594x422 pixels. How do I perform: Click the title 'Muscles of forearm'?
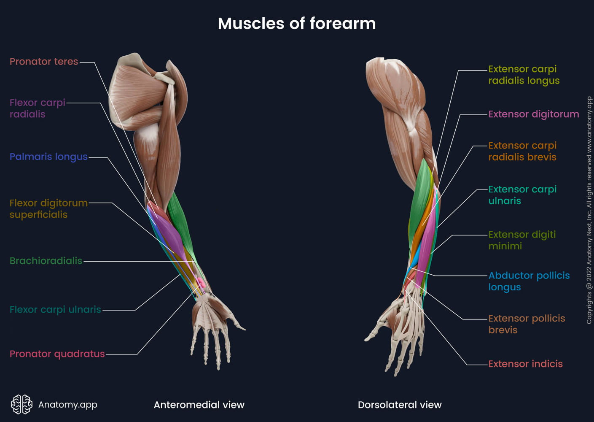coord(296,24)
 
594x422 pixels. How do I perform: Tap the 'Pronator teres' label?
coord(44,62)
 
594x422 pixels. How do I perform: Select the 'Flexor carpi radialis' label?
coord(37,108)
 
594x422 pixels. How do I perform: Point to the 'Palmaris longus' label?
coord(48,157)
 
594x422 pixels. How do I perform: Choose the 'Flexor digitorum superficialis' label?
coord(48,209)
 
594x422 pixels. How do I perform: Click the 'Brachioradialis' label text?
coord(46,261)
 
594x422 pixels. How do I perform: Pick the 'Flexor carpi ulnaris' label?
coord(55,310)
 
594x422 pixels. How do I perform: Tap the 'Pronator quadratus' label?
coord(57,354)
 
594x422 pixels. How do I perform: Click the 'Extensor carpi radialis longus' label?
coord(524,75)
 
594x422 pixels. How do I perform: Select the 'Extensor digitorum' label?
coord(533,114)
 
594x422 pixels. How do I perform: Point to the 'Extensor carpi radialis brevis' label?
coord(522,151)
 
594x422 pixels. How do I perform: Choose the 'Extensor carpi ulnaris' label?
coord(522,195)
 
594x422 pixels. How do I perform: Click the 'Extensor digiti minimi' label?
coord(522,240)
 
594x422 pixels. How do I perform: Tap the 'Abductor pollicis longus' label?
coord(529,281)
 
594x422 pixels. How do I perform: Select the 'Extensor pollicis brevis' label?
coord(527,324)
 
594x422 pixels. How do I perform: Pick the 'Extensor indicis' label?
coord(525,364)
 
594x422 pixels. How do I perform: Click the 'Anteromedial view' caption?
coord(199,405)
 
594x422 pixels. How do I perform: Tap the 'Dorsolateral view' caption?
coord(400,405)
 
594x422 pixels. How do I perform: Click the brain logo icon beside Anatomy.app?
coord(22,404)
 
